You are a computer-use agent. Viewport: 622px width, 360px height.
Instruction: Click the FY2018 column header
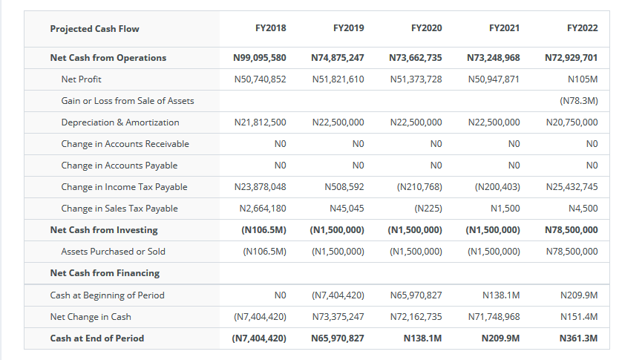270,28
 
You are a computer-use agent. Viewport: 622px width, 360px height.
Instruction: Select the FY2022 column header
583,28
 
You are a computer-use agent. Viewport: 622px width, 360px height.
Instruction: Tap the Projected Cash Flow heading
94,29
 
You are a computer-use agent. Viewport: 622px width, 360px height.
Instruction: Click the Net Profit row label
82,79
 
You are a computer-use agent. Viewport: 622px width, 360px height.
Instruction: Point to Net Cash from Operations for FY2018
260,58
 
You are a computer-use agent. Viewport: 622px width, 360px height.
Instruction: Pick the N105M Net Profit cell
583,79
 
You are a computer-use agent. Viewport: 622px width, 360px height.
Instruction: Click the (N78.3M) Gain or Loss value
579,101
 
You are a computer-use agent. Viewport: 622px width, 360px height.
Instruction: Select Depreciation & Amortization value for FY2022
572,122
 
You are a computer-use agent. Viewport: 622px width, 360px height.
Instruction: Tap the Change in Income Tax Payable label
124,187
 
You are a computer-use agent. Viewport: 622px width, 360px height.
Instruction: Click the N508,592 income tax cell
344,187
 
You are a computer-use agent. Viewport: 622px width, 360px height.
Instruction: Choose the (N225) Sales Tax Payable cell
428,209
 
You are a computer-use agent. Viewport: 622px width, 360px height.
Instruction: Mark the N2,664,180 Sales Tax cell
263,209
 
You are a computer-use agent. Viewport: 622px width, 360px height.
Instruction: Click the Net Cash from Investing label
104,230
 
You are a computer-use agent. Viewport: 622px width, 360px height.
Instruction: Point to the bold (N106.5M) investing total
263,230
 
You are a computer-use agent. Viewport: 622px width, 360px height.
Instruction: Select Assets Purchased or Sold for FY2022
572,252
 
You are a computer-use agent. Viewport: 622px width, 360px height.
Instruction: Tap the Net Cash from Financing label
105,273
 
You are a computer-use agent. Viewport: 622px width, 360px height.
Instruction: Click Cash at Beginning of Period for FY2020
416,295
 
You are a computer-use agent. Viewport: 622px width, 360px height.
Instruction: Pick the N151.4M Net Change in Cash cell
579,317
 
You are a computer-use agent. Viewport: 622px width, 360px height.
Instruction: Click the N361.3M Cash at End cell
578,338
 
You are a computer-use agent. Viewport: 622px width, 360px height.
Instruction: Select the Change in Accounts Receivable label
125,144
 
